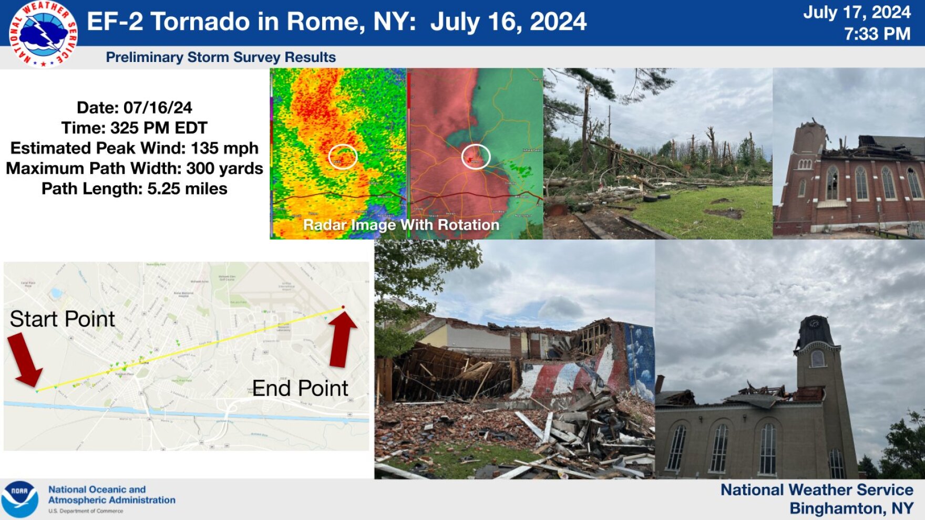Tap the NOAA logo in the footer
[x=19, y=498]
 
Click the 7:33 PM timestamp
[x=877, y=34]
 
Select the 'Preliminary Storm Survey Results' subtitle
[x=221, y=57]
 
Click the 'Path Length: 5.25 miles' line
[x=135, y=189]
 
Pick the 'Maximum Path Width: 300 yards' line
[x=135, y=169]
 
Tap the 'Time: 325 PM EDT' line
[x=135, y=128]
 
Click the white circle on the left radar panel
[x=343, y=157]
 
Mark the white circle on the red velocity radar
[x=476, y=157]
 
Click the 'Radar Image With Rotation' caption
[x=401, y=225]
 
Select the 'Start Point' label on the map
[x=62, y=319]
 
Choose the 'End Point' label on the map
[x=300, y=389]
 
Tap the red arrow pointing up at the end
[x=342, y=339]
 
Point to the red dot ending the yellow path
[x=343, y=307]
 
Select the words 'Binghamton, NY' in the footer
[x=851, y=508]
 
